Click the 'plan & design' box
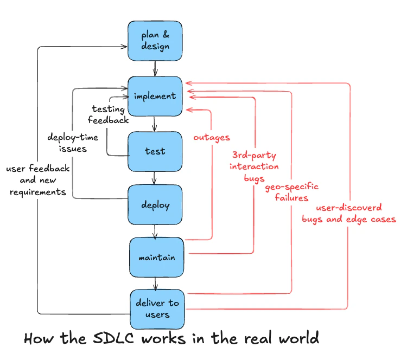(x=155, y=41)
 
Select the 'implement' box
(x=155, y=96)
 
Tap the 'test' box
(x=155, y=151)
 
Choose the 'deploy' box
(x=155, y=205)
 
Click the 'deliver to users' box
(x=157, y=308)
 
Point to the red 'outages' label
(x=212, y=138)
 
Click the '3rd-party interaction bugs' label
(x=254, y=166)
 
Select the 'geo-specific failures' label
(x=291, y=192)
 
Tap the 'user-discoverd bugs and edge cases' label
(x=349, y=214)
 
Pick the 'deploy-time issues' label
(x=73, y=143)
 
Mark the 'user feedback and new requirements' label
(x=38, y=181)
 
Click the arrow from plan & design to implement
(x=156, y=68)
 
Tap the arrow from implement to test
(x=155, y=124)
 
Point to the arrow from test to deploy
(x=155, y=178)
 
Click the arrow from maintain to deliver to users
(x=156, y=283)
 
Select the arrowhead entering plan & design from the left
(x=124, y=47)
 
